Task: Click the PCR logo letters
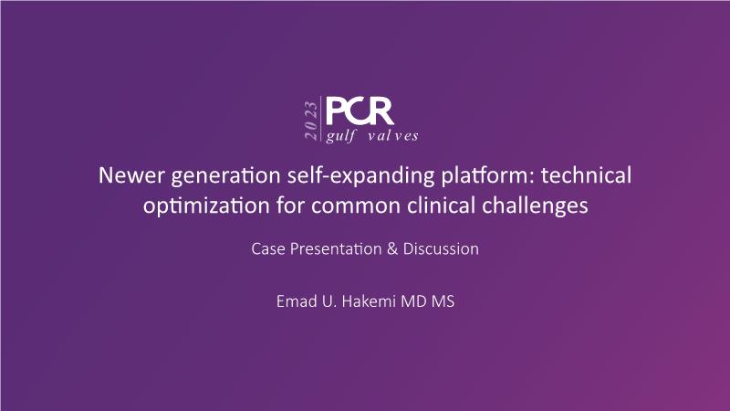[x=360, y=111]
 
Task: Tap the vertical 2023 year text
[x=311, y=121]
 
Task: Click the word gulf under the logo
[x=340, y=136]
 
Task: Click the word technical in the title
[x=586, y=175]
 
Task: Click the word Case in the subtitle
[x=267, y=248]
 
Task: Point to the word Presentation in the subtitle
[x=336, y=248]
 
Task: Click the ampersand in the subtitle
[x=392, y=248]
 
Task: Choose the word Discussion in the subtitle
[x=441, y=248]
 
